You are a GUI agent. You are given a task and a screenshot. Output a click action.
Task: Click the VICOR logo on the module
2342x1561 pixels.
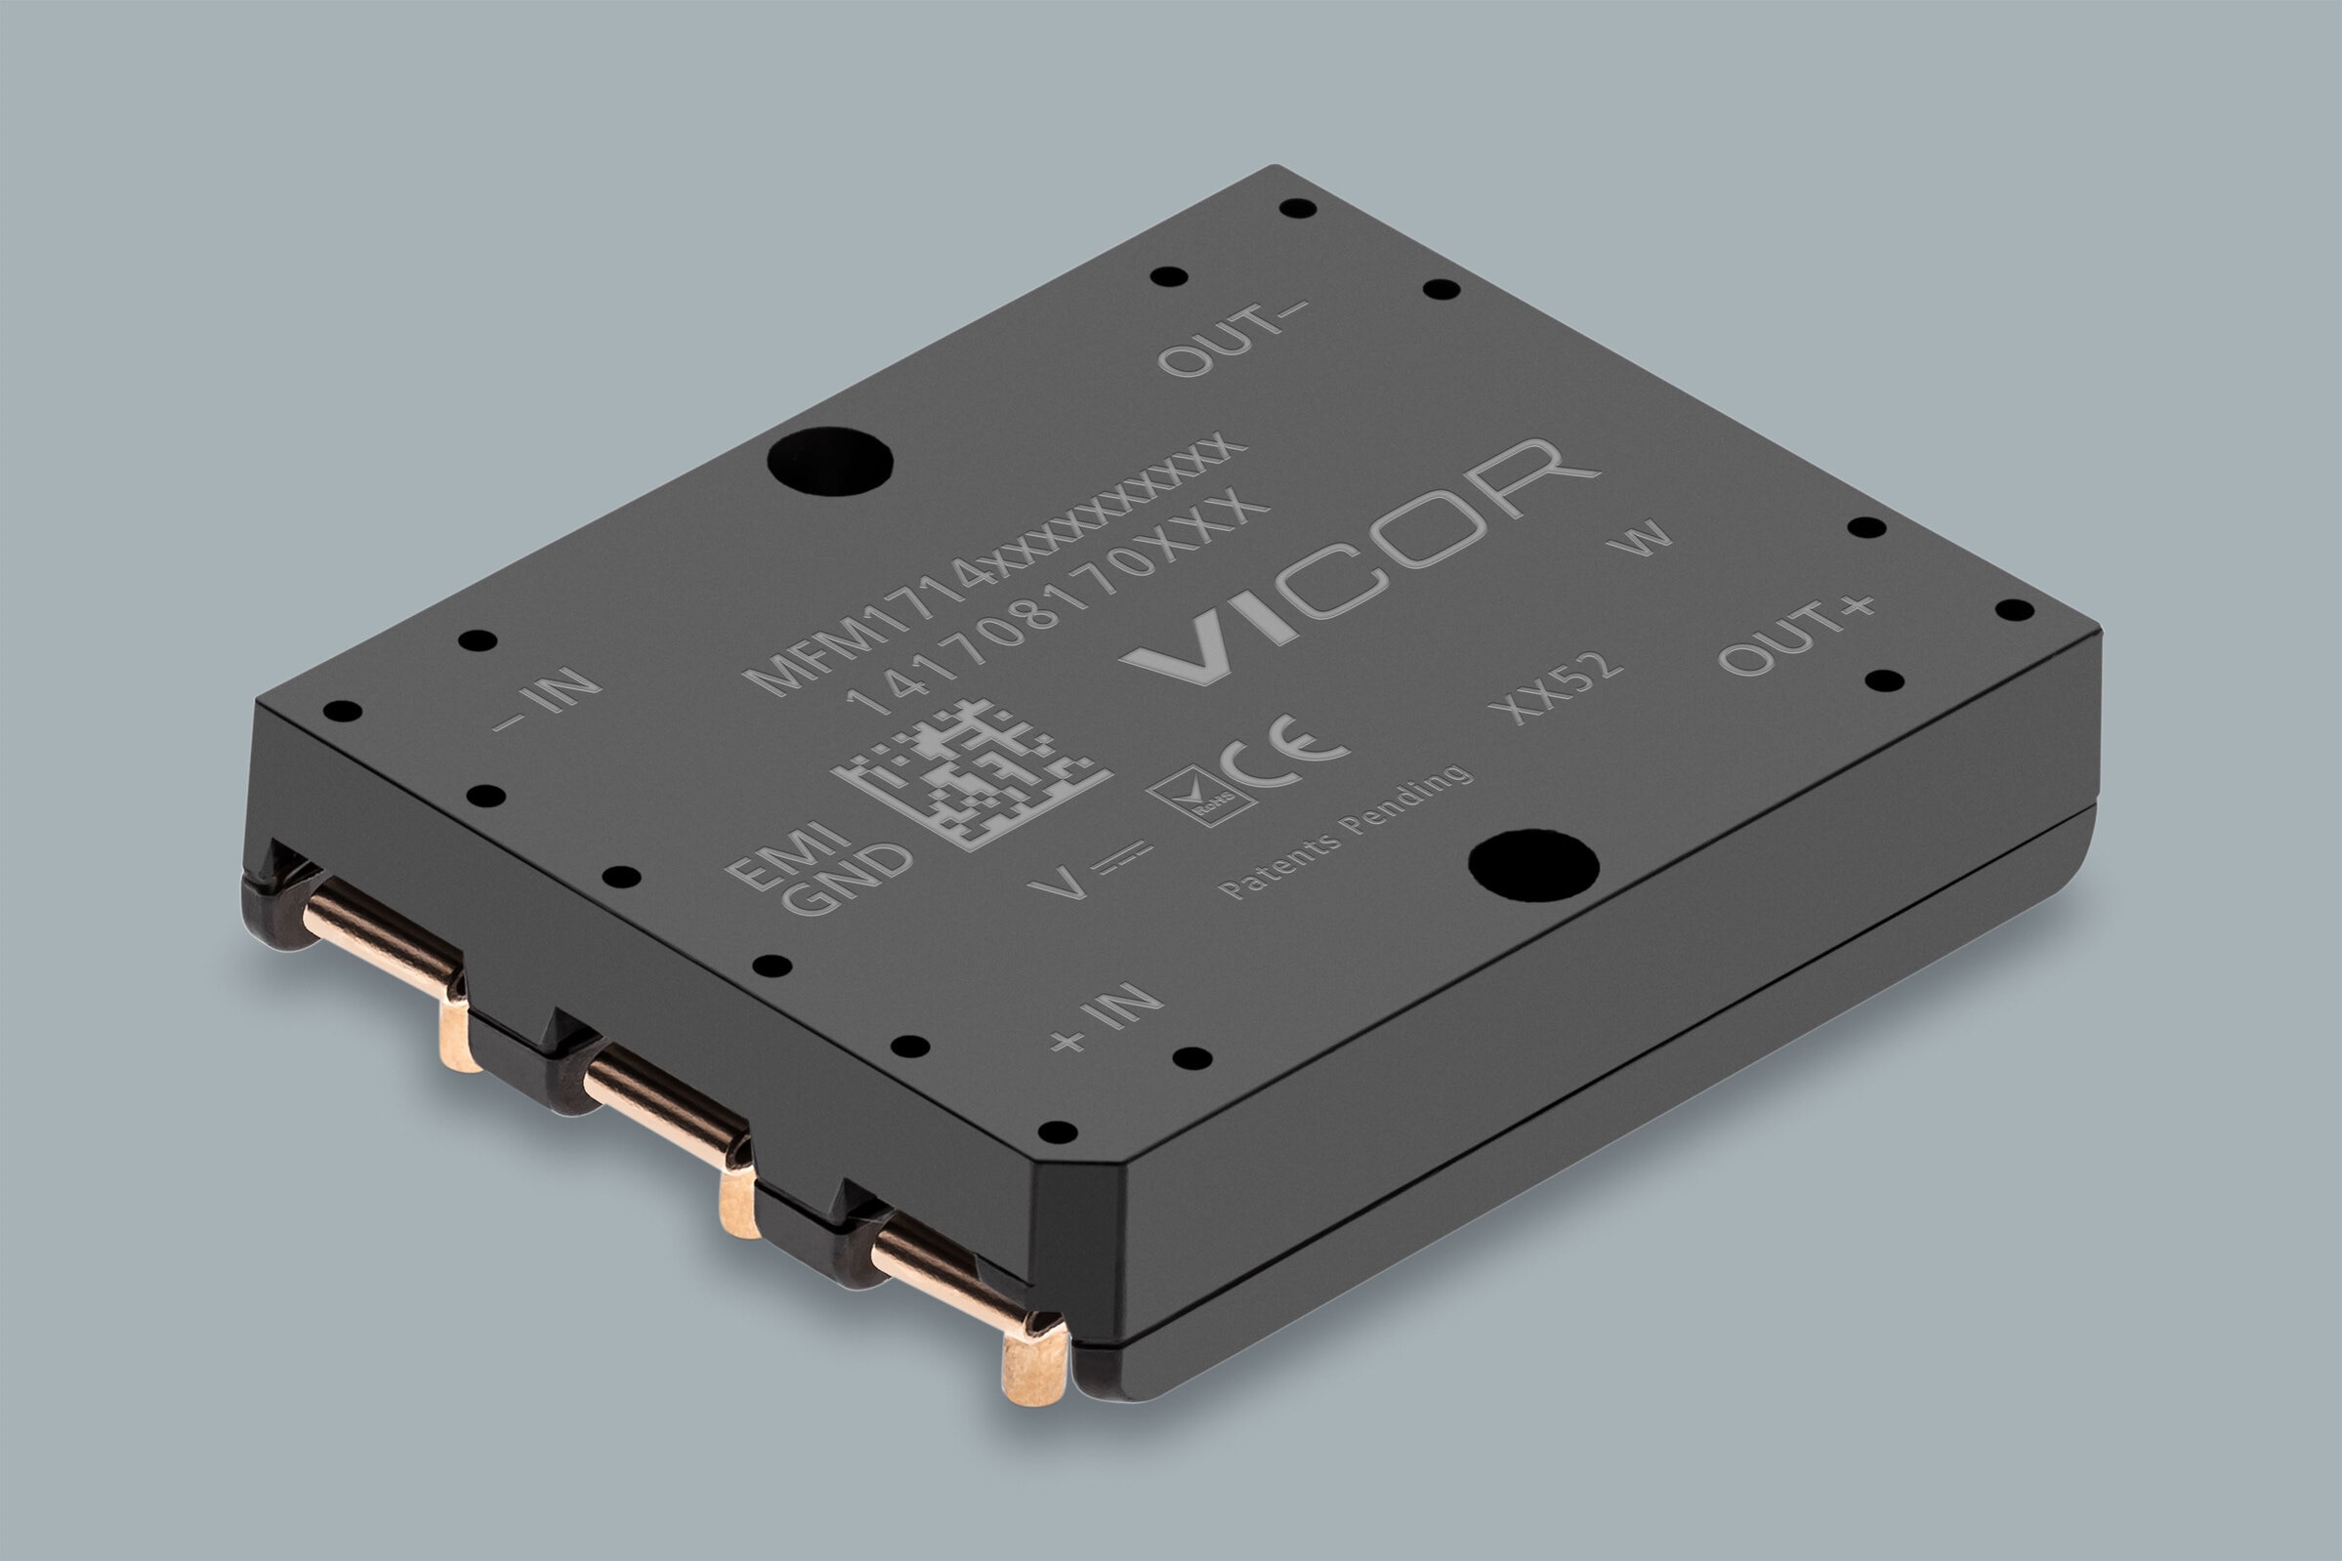(x=1359, y=562)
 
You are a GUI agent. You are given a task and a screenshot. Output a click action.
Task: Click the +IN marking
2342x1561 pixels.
(x=1107, y=1018)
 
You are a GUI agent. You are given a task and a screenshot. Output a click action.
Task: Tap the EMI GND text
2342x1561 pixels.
(x=818, y=866)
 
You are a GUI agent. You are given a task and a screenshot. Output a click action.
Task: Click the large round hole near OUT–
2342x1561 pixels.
(x=829, y=461)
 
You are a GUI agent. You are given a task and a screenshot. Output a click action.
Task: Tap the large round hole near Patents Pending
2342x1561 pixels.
(x=1533, y=864)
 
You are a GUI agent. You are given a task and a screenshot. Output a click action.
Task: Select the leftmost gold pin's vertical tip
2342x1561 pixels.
(x=459, y=1036)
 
